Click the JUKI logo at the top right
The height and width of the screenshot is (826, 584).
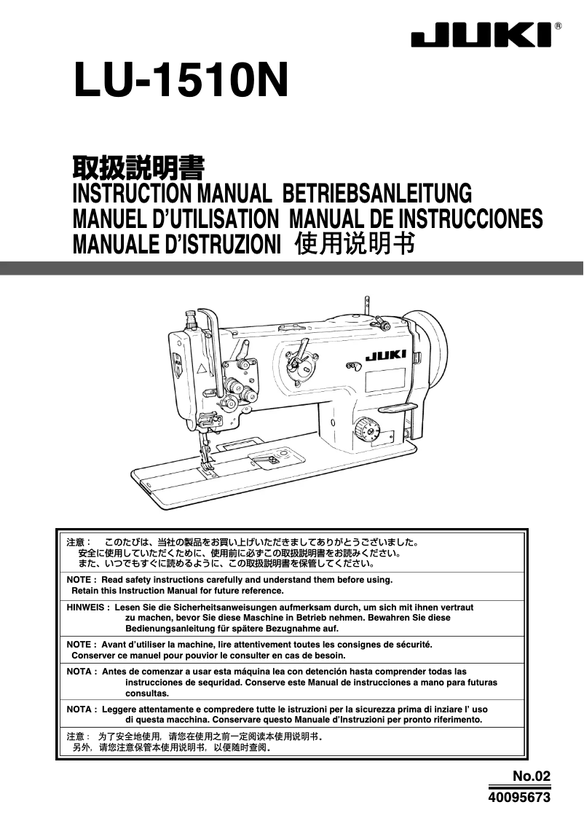coord(481,35)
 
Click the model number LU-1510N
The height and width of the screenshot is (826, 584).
coord(181,80)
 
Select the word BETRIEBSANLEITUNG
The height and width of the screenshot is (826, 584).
coord(377,193)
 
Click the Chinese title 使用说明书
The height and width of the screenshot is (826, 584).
coord(355,243)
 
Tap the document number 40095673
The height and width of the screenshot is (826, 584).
coord(519,797)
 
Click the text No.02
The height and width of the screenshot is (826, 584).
coord(532,776)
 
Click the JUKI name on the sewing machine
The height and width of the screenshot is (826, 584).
coord(385,355)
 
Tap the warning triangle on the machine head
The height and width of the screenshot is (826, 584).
coord(201,369)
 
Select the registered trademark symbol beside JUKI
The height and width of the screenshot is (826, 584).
coord(558,25)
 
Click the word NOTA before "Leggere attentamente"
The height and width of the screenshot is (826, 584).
coord(79,709)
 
